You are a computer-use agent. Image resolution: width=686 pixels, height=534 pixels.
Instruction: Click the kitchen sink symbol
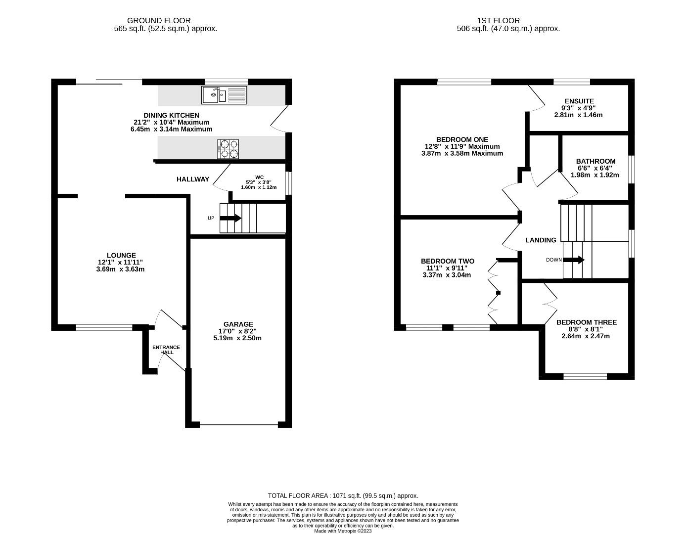click(x=225, y=95)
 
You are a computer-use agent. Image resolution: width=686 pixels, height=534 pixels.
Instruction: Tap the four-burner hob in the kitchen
click(x=228, y=149)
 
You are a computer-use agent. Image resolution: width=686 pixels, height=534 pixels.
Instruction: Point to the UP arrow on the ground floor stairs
click(x=230, y=218)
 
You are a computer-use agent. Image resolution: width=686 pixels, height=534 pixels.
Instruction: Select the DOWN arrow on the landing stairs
click(x=574, y=260)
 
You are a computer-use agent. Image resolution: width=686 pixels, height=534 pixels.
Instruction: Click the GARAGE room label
click(x=238, y=324)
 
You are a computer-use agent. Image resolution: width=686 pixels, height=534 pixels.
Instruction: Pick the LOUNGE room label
click(x=121, y=255)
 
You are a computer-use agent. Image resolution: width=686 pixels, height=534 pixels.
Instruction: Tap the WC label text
click(x=259, y=178)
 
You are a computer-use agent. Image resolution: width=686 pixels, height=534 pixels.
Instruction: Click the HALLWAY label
click(x=193, y=179)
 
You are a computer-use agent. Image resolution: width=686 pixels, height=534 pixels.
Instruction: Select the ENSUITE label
click(x=579, y=101)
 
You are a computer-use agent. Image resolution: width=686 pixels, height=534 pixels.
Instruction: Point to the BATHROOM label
click(x=595, y=161)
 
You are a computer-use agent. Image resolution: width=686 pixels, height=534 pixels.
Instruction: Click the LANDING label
click(x=541, y=240)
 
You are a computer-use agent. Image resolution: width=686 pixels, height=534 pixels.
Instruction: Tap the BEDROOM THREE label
click(x=587, y=322)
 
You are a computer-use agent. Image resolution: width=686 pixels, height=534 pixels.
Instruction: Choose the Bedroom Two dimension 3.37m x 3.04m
click(x=447, y=275)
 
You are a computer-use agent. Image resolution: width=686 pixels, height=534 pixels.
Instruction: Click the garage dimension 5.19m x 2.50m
click(x=237, y=338)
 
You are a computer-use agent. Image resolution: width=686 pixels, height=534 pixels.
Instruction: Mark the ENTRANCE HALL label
click(x=166, y=350)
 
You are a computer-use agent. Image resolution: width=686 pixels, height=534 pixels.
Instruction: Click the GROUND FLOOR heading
click(x=159, y=20)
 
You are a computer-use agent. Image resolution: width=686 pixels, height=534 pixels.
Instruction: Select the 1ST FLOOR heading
click(x=499, y=20)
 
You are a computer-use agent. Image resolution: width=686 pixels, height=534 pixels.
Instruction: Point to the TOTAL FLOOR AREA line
click(x=343, y=496)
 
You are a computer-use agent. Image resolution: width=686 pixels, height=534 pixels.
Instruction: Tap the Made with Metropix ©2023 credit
click(x=343, y=531)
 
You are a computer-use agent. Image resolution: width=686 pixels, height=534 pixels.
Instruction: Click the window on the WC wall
click(x=288, y=183)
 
